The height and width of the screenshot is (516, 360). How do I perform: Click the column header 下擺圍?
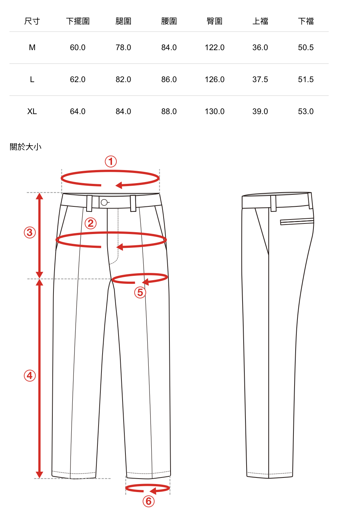(x=78, y=21)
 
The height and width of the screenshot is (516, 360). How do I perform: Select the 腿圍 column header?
(x=123, y=21)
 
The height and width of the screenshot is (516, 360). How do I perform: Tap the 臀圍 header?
(x=215, y=21)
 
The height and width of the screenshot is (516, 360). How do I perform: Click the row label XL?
(x=32, y=112)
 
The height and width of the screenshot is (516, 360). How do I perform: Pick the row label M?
(x=32, y=48)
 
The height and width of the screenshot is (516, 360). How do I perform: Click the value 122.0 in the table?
(x=215, y=48)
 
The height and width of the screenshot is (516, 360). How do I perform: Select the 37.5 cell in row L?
(x=260, y=80)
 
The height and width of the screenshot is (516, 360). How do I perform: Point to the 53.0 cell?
(x=305, y=112)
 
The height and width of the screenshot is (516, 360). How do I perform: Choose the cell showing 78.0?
(x=123, y=48)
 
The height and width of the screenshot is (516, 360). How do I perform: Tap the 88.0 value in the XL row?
(x=169, y=112)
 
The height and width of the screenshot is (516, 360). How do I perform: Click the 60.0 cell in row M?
(x=78, y=48)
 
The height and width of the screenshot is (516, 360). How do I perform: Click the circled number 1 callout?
(x=111, y=161)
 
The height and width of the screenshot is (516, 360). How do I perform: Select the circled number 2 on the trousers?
(x=91, y=223)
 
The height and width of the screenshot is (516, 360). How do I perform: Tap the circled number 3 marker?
(x=30, y=232)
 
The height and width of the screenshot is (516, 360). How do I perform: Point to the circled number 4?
(x=30, y=375)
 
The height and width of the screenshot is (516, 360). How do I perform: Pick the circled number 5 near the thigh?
(x=140, y=293)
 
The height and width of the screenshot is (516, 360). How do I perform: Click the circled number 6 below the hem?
(x=148, y=501)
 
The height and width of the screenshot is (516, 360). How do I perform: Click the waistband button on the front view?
(x=104, y=202)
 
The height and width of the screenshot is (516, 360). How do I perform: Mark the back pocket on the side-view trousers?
(x=297, y=221)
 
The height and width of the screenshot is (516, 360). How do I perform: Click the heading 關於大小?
(x=25, y=147)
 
